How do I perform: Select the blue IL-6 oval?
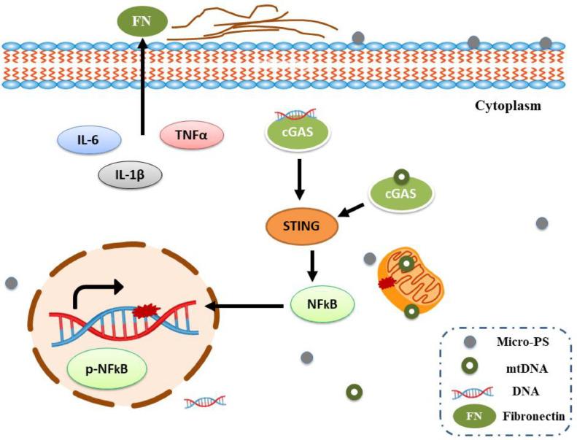90,139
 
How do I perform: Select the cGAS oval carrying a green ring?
400,193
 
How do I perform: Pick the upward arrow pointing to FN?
143,88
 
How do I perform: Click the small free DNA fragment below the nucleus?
205,401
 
